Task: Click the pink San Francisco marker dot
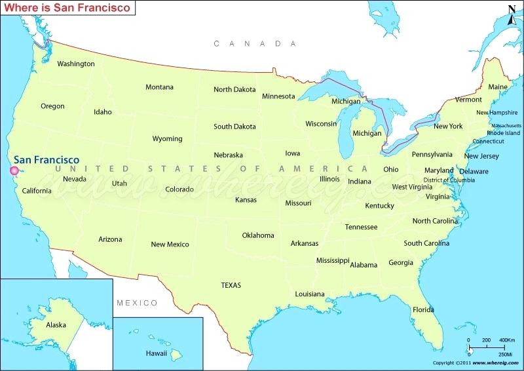pyautogui.click(x=13, y=171)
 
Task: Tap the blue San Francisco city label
pyautogui.click(x=47, y=160)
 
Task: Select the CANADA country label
pyautogui.click(x=255, y=43)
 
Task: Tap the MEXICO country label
pyautogui.click(x=137, y=303)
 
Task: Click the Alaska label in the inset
pyautogui.click(x=56, y=324)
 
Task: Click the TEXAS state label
pyautogui.click(x=231, y=285)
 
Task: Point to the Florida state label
pyautogui.click(x=423, y=309)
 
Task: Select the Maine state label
pyautogui.click(x=498, y=87)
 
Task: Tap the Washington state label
pyautogui.click(x=76, y=64)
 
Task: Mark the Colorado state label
pyautogui.click(x=179, y=189)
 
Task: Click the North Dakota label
pyautogui.click(x=234, y=90)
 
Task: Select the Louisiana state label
pyautogui.click(x=310, y=294)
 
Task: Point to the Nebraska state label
pyautogui.click(x=228, y=155)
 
